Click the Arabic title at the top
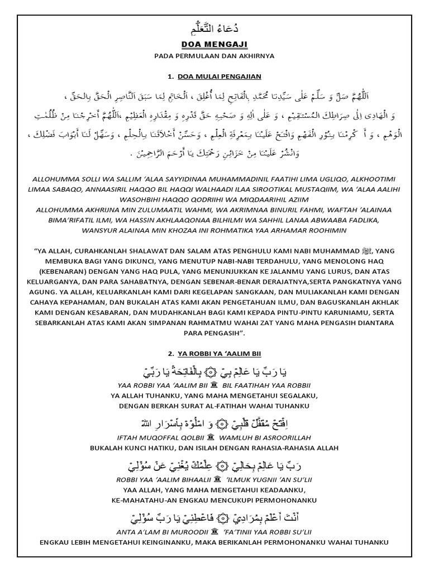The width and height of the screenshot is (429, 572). (214, 28)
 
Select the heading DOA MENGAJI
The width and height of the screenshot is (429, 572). (214, 44)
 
